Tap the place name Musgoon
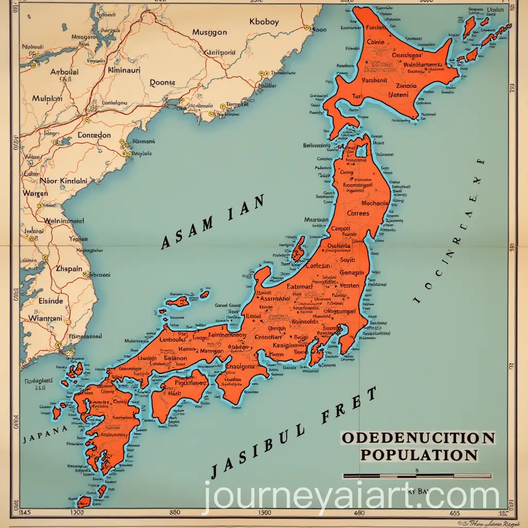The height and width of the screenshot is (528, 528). click(x=209, y=32)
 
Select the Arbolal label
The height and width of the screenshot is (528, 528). click(x=64, y=72)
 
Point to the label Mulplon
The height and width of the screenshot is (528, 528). click(x=47, y=98)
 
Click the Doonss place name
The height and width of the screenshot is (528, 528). click(x=162, y=82)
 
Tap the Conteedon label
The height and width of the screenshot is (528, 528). click(x=94, y=135)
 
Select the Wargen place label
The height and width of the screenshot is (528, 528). click(x=36, y=193)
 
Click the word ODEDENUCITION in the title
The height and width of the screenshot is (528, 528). click(x=418, y=439)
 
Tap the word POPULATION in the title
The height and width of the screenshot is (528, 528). click(x=419, y=455)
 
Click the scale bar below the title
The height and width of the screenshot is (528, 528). click(x=417, y=476)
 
